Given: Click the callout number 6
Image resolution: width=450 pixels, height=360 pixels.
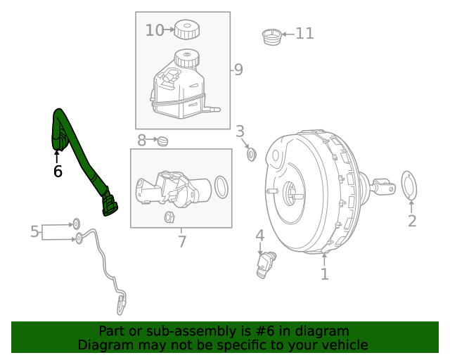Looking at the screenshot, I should click(58, 171).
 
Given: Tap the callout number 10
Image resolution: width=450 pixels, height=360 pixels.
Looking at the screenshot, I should click(154, 30).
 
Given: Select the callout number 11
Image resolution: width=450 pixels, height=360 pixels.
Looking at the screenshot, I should click(304, 33).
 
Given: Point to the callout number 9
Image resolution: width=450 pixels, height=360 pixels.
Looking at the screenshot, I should click(238, 70).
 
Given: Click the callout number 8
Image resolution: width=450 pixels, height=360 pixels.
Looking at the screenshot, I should click(141, 141).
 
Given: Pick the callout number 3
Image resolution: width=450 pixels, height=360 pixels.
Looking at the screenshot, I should click(240, 131).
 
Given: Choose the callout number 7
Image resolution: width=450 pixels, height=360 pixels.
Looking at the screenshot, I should click(181, 242).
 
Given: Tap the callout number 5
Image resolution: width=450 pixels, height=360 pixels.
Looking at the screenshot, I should click(34, 231).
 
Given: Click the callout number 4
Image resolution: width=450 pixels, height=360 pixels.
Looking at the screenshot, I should click(259, 236).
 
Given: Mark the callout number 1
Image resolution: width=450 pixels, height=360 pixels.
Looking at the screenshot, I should click(324, 274).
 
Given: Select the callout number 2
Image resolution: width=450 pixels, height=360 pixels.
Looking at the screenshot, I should click(412, 221).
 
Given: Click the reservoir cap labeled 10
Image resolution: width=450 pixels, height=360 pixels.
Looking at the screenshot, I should click(186, 30).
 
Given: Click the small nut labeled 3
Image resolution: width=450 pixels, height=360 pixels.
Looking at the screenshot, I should click(251, 153).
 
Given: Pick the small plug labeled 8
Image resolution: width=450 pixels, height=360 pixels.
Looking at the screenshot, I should click(163, 141).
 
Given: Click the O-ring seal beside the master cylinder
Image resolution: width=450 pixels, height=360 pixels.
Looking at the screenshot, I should click(221, 187).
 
